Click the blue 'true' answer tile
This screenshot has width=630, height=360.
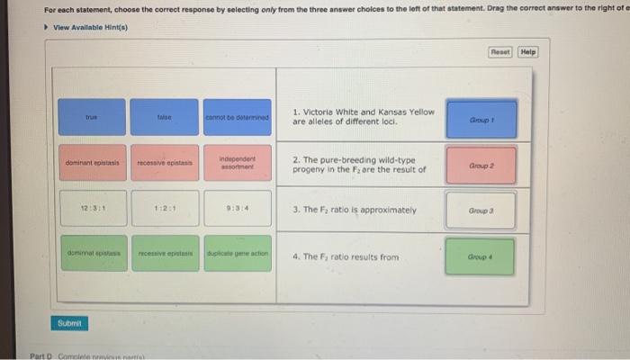point(92,117)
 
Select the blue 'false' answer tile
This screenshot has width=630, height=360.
point(164,117)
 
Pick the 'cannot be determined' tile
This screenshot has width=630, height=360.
point(237,117)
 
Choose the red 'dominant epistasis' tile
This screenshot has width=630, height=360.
point(92,163)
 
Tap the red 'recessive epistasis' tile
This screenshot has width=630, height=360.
point(164,163)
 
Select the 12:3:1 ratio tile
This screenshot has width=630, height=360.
point(92,210)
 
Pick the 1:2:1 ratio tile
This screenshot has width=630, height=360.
point(164,210)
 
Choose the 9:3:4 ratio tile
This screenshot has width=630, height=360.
point(237,210)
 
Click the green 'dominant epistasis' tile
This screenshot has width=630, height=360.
point(92,255)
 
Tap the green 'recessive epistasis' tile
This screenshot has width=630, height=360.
point(164,255)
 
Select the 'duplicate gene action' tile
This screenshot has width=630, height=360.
point(237,255)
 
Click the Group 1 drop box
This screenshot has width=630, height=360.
point(481,119)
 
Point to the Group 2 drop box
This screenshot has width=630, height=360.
point(481,166)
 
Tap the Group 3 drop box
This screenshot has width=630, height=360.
point(481,211)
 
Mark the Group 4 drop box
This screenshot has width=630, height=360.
point(481,256)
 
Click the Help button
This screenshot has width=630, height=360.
point(528,52)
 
